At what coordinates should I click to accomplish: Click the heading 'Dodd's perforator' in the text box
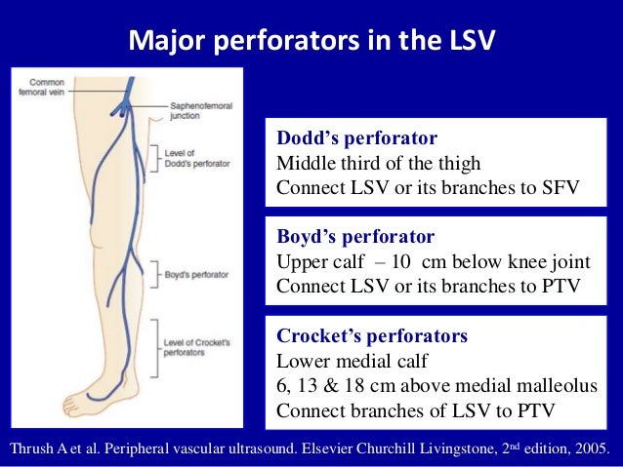click(356, 137)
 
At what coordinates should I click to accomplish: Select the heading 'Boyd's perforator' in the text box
click(355, 237)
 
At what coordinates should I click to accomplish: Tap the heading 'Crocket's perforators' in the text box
click(372, 336)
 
